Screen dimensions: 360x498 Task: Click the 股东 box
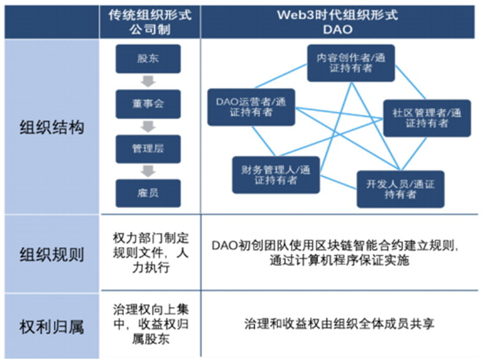[x=148, y=59]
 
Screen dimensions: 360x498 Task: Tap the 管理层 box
[x=148, y=149]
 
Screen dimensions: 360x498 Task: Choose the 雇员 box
[x=148, y=193]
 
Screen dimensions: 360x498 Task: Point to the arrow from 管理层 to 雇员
[x=148, y=171]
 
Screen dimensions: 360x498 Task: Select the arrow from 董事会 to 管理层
[x=148, y=126]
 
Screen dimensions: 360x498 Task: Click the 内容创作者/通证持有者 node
[x=350, y=62]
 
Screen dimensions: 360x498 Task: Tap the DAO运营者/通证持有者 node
[x=251, y=107]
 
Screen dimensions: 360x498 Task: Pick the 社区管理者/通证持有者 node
[x=426, y=118]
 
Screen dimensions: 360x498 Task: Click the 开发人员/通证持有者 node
[x=400, y=189]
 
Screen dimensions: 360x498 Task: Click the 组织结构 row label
[x=51, y=128]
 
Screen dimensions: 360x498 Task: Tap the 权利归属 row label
[x=51, y=325]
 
